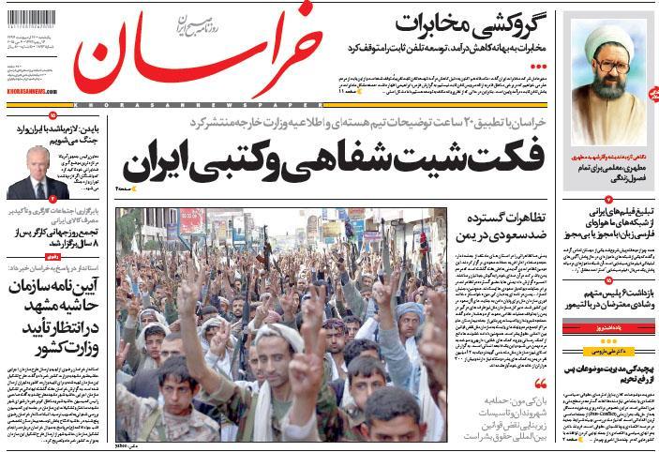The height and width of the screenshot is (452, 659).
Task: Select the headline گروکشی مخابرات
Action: click(x=477, y=20)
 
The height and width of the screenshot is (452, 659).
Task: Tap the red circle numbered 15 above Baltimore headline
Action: click(x=608, y=279)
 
